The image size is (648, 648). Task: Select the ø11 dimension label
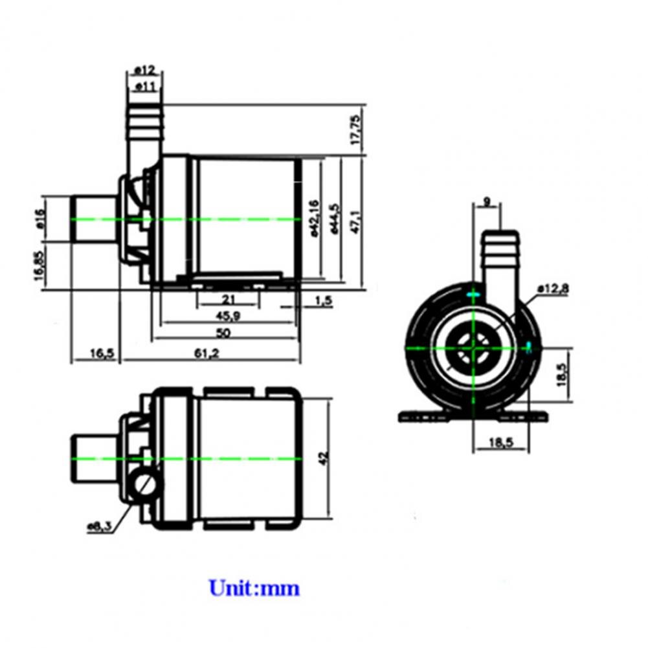tap(143, 85)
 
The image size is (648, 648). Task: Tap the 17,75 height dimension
tap(355, 129)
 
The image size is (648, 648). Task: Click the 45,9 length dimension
tap(225, 316)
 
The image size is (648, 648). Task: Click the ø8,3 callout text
tap(100, 526)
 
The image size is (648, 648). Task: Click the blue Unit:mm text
tap(254, 588)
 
